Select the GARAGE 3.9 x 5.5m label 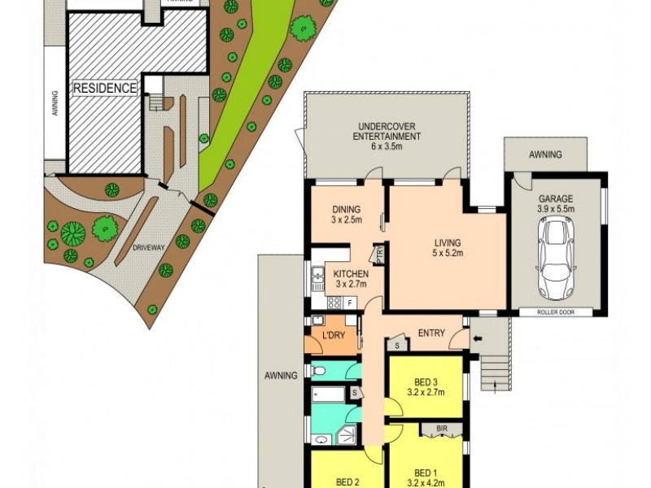tap(557, 203)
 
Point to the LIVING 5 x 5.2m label tap(447, 248)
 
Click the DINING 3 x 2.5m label tap(346, 214)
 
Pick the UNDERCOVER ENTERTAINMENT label tap(387, 131)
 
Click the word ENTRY tap(431, 332)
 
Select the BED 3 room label tap(425, 387)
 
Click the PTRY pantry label tap(380, 255)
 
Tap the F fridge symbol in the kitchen tap(350, 303)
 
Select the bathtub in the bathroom tap(328, 397)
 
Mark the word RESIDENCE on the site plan tap(106, 87)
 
